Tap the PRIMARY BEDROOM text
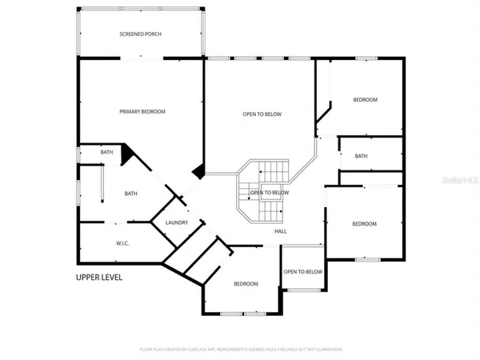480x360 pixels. (x=142, y=111)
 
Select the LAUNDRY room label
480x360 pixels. (x=176, y=223)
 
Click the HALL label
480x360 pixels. (x=281, y=231)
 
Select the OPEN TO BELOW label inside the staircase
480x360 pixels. (x=269, y=193)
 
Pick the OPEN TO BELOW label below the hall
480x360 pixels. (x=303, y=271)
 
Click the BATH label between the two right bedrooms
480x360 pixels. (x=361, y=156)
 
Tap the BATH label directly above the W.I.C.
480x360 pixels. (x=131, y=193)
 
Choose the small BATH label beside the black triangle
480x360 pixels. (x=106, y=152)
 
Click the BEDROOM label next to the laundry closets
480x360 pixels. (x=246, y=284)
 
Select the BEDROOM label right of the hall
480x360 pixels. (x=364, y=224)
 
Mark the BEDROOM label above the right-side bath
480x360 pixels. (x=365, y=99)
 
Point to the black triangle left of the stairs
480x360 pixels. (x=199, y=170)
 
